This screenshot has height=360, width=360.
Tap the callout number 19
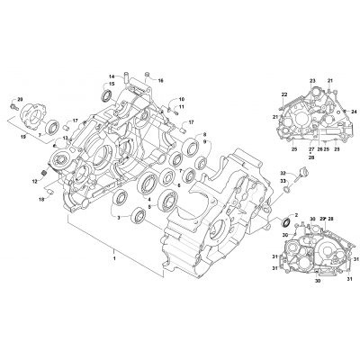pos(22,136)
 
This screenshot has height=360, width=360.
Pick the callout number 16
pos(162,81)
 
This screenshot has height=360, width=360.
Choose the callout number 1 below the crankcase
pos(115,259)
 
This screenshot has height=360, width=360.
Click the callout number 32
pos(282,173)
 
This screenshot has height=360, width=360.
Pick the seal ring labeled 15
pos(107,94)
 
